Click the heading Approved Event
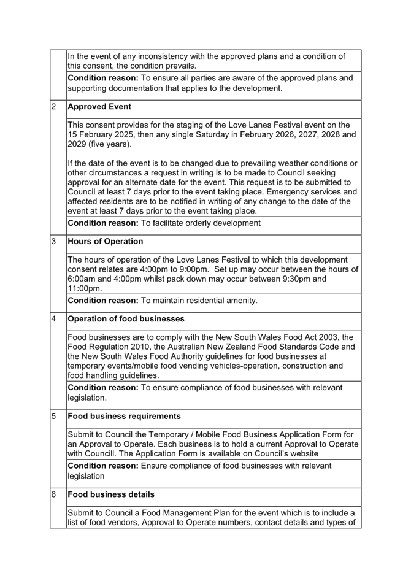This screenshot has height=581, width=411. pos(99,107)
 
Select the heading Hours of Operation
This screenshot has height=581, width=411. pos(105,241)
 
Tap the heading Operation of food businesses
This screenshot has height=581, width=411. pos(126,319)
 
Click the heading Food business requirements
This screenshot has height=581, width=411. pos(124,416)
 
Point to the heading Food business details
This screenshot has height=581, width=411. pos(111,494)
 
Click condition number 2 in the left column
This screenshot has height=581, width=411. pos(53,107)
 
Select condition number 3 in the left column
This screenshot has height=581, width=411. pos(53,241)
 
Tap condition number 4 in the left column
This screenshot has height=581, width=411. pos(53,319)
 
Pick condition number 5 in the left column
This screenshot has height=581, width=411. pos(53,416)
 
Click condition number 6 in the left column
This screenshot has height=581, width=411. pos(53,494)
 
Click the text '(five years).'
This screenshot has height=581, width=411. pos(99,144)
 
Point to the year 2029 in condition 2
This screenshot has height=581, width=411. pos(79,144)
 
